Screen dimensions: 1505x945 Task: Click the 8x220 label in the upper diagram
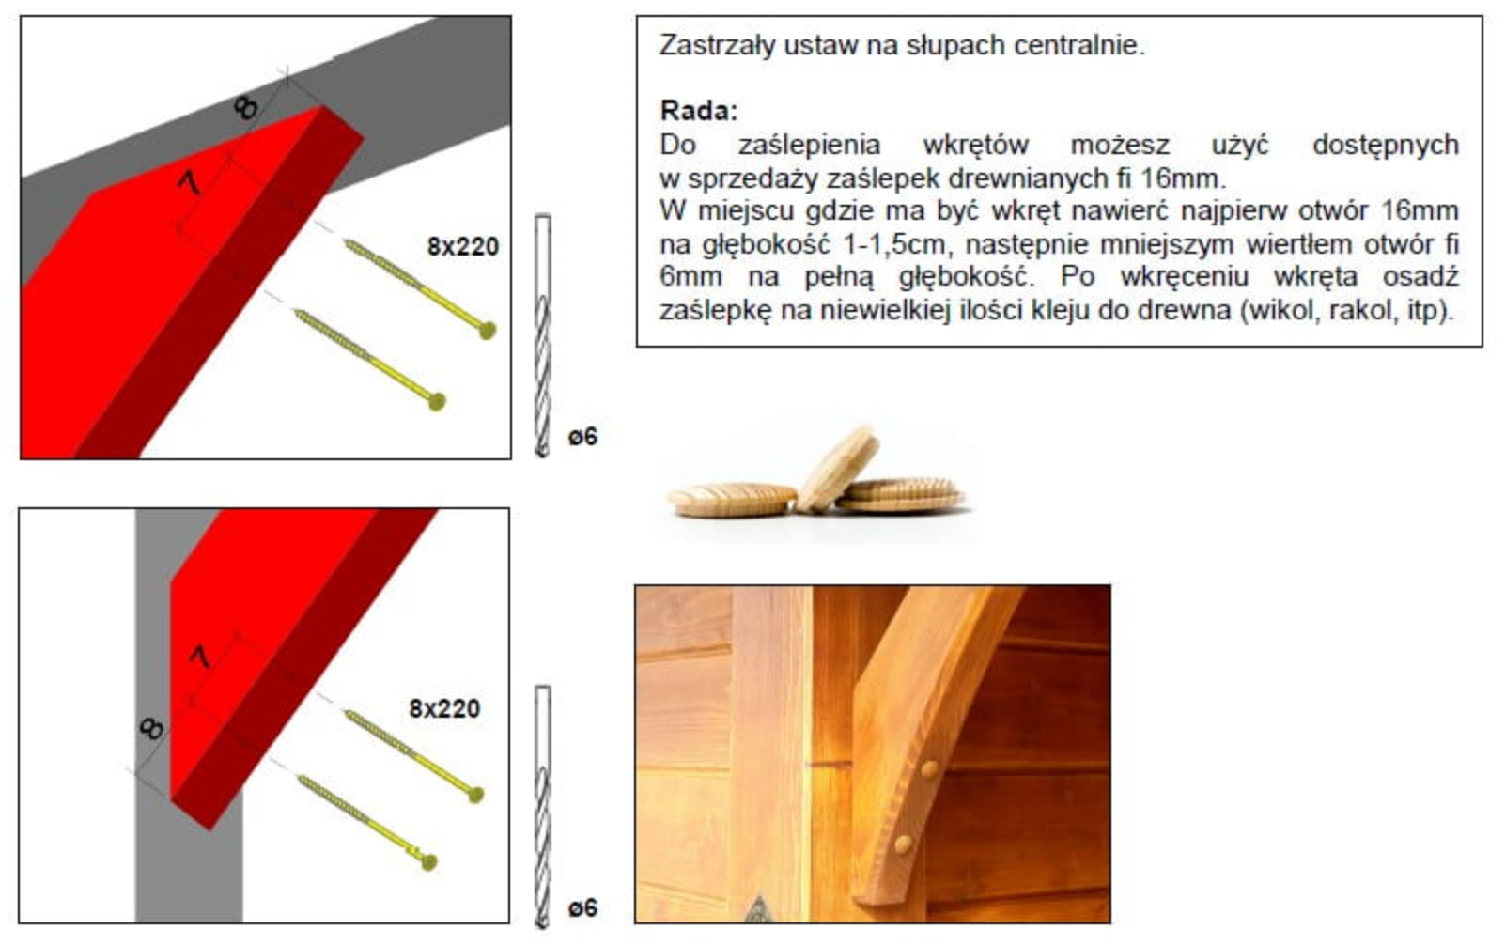pos(463,246)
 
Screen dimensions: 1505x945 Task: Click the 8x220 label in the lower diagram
pos(444,708)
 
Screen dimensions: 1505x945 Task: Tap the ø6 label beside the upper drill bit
pos(582,437)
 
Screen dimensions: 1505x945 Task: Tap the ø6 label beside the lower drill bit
pos(582,908)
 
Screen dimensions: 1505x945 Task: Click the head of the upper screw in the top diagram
pos(488,330)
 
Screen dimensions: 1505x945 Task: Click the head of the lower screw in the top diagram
pos(437,402)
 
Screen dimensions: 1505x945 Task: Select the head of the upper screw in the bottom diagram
pos(475,796)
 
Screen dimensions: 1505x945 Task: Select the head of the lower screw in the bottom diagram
pos(428,861)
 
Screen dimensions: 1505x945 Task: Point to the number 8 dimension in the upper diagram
pos(246,107)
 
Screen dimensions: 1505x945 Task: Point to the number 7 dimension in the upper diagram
pos(190,182)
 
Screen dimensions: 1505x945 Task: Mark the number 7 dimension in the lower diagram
pos(200,657)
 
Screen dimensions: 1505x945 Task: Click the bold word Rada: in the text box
pos(699,111)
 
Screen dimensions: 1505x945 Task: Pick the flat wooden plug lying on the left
pos(733,500)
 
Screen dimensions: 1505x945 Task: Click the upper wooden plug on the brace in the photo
pos(929,769)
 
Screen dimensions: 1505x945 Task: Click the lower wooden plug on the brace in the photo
pos(904,844)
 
